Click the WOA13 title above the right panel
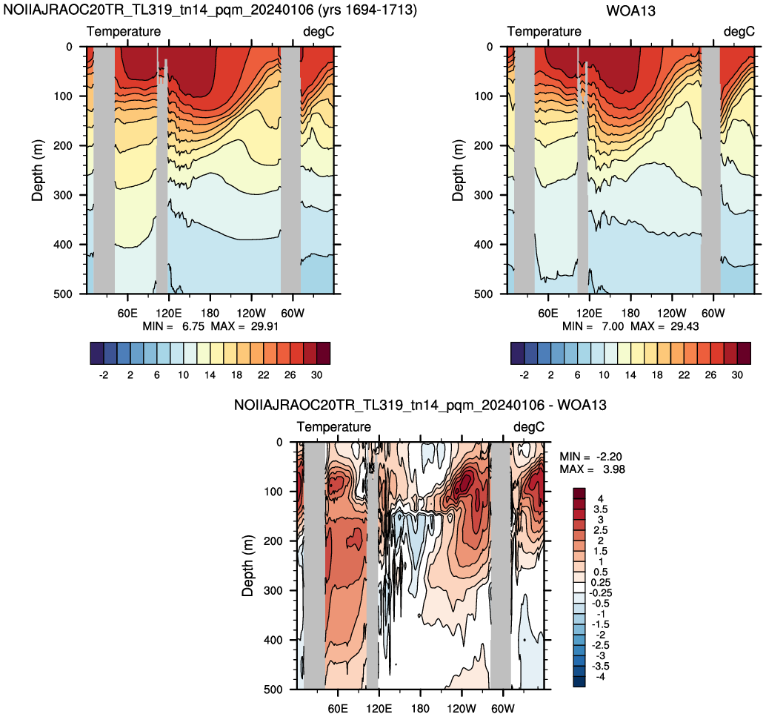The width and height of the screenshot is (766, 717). tap(630, 11)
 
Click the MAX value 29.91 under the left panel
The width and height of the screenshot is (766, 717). tap(264, 326)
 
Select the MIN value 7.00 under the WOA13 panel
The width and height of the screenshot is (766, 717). tap(613, 326)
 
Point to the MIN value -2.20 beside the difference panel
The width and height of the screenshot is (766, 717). tap(609, 457)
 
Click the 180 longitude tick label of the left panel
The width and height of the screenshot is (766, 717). tap(210, 313)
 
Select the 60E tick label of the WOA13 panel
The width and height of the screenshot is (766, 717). tap(547, 313)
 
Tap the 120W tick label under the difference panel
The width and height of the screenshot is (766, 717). tap(462, 708)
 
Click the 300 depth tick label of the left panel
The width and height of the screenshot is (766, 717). tap(63, 195)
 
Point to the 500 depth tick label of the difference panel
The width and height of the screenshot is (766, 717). tap(273, 689)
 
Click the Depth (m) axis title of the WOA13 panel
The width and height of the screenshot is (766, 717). tap(457, 171)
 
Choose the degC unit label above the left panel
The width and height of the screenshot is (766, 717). tap(319, 31)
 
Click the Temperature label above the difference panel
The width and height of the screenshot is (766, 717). tap(333, 426)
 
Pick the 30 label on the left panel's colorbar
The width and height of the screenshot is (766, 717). tap(316, 374)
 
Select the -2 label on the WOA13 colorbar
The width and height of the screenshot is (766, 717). tap(524, 374)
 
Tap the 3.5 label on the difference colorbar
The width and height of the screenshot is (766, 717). tap(600, 509)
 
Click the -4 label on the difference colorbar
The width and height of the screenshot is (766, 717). tap(599, 677)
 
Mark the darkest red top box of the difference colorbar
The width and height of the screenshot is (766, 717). tap(579, 493)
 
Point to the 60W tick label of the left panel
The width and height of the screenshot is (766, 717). tap(292, 313)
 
